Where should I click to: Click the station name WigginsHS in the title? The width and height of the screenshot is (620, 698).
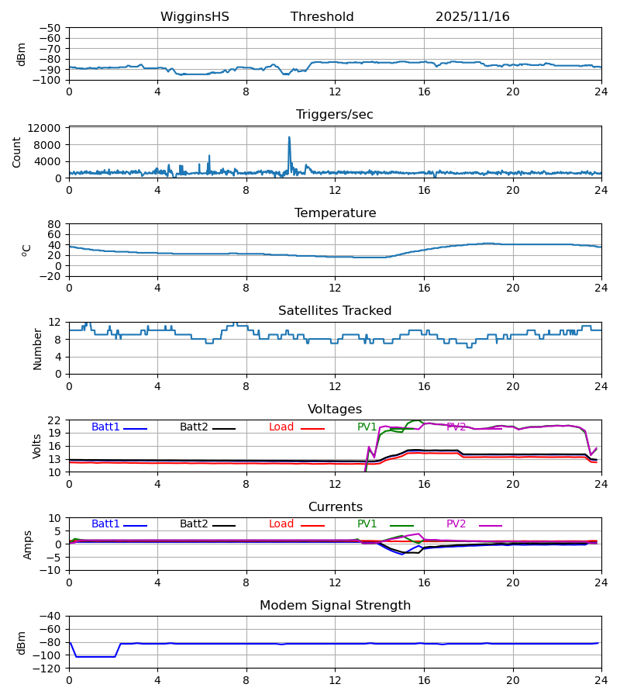tap(195, 17)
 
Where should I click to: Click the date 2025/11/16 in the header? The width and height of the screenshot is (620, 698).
tap(472, 17)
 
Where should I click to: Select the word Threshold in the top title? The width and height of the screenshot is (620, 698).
tap(322, 17)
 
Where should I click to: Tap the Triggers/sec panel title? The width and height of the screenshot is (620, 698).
tap(335, 115)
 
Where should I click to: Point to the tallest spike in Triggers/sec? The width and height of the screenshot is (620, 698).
tap(289, 138)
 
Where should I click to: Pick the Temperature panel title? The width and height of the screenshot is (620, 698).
tap(335, 213)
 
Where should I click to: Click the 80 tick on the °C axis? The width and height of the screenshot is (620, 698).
tap(54, 224)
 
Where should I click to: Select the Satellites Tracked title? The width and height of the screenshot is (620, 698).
tap(335, 311)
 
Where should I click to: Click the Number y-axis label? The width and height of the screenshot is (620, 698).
tap(38, 348)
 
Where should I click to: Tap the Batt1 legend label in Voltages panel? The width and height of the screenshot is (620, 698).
tap(105, 427)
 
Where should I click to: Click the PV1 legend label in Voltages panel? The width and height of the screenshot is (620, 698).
tap(367, 427)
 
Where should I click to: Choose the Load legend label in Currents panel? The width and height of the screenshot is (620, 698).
tap(281, 524)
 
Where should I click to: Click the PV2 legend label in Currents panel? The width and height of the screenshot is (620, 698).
tap(456, 524)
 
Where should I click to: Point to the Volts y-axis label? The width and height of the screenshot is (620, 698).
tap(38, 446)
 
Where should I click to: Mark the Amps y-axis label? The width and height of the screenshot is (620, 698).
tap(28, 544)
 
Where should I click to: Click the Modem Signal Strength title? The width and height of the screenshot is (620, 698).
tap(335, 606)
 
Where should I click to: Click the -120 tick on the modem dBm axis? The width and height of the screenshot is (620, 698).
tap(48, 669)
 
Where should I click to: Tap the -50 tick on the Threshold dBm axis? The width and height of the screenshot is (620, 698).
tap(51, 28)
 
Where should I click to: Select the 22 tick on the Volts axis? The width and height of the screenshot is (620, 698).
tap(54, 420)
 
